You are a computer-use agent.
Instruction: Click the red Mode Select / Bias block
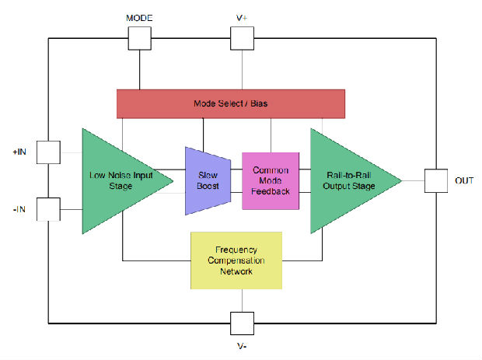pos(230,103)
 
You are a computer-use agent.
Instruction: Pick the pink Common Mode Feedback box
pos(271,180)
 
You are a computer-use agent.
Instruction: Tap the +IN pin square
pos(48,152)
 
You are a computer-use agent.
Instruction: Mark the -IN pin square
pos(48,208)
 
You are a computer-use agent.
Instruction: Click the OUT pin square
pos(436,180)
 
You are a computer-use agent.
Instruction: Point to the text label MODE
pos(139,16)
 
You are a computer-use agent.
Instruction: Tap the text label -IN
pos(20,208)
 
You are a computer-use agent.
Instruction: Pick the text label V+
pos(243,16)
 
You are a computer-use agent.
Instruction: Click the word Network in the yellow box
pos(237,272)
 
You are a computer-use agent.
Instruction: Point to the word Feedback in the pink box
pos(271,191)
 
